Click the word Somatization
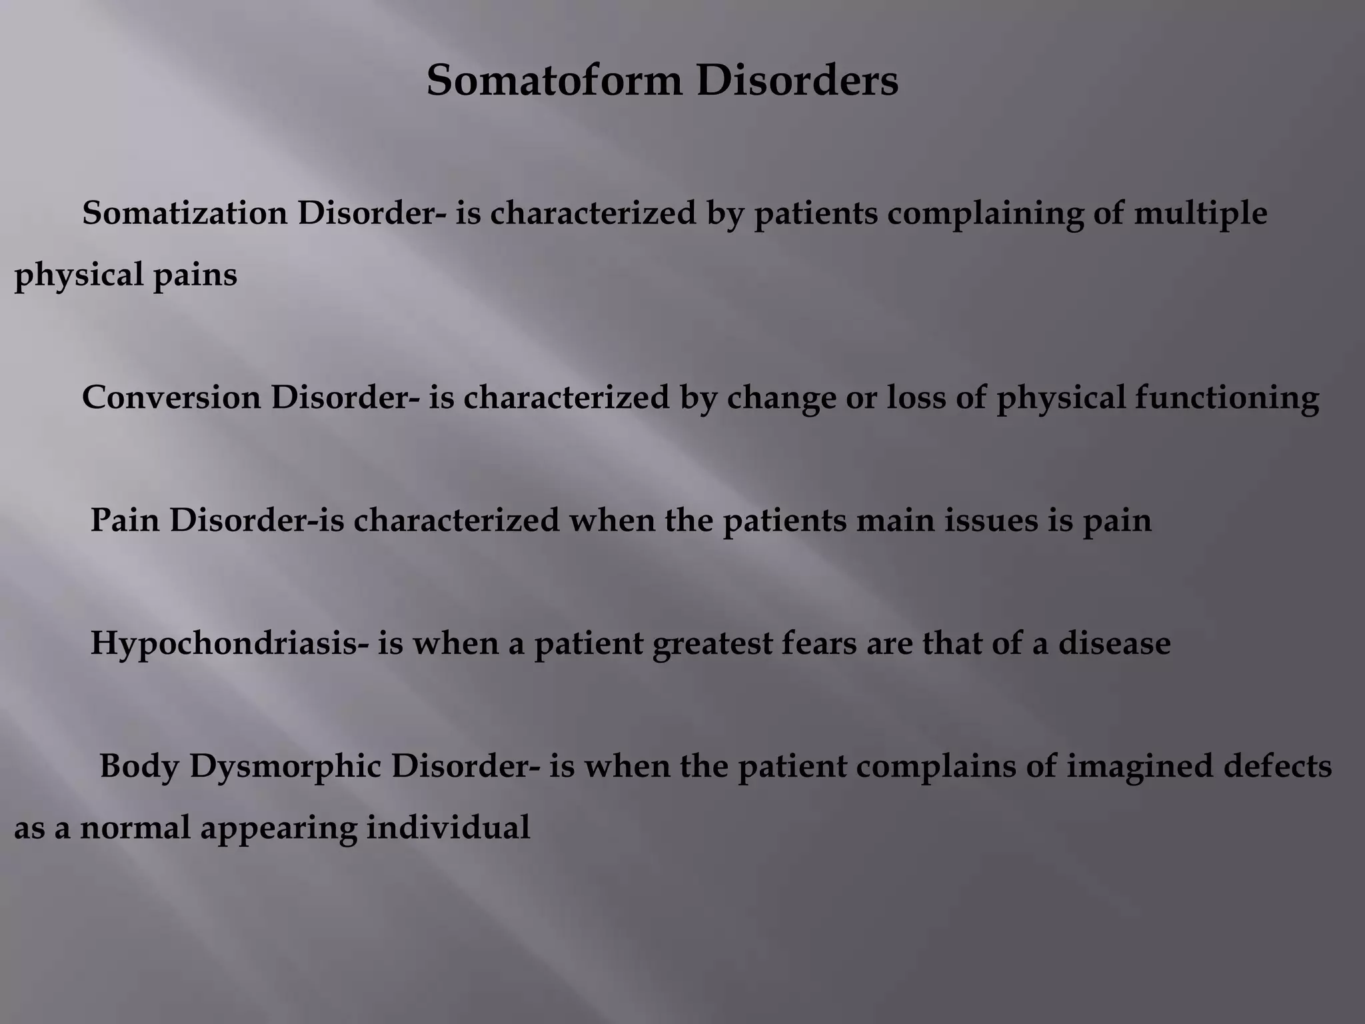[x=185, y=214]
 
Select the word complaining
[x=984, y=214]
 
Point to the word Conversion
[x=171, y=398]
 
